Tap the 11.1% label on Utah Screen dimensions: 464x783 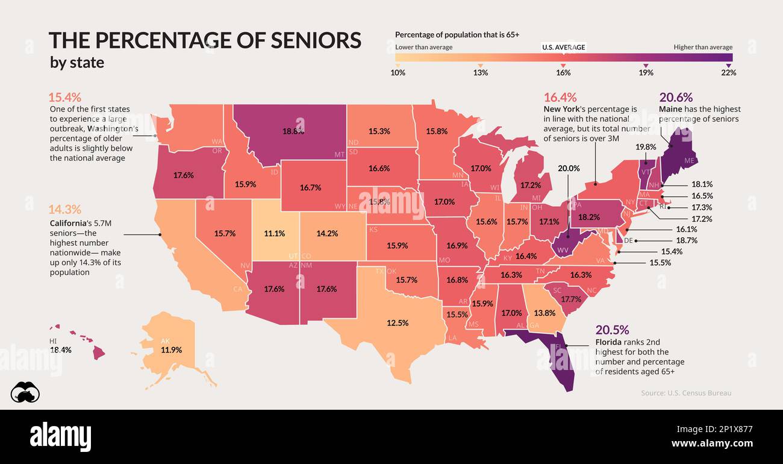pos(274,233)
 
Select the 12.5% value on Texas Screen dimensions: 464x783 pos(397,322)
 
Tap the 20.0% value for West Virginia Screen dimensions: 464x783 pos(569,169)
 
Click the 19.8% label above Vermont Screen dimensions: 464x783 pos(645,146)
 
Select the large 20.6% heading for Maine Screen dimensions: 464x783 pos(676,97)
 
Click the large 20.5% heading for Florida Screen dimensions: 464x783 pos(612,330)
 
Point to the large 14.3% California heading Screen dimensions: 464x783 pos(64,210)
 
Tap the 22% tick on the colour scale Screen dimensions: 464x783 pos(729,72)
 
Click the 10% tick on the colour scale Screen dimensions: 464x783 pos(398,72)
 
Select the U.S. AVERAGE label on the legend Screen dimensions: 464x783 pos(563,47)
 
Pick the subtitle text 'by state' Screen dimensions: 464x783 pos(76,63)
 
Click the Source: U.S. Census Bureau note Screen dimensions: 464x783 pos(686,393)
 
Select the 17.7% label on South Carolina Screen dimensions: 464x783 pos(570,299)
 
